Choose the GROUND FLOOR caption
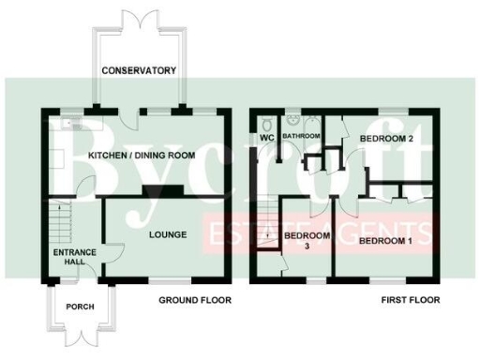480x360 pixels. coord(193,300)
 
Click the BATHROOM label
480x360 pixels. coord(303,136)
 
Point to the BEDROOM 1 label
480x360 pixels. coord(386,241)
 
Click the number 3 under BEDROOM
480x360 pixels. coord(306,246)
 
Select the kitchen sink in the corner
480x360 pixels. coord(68,123)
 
